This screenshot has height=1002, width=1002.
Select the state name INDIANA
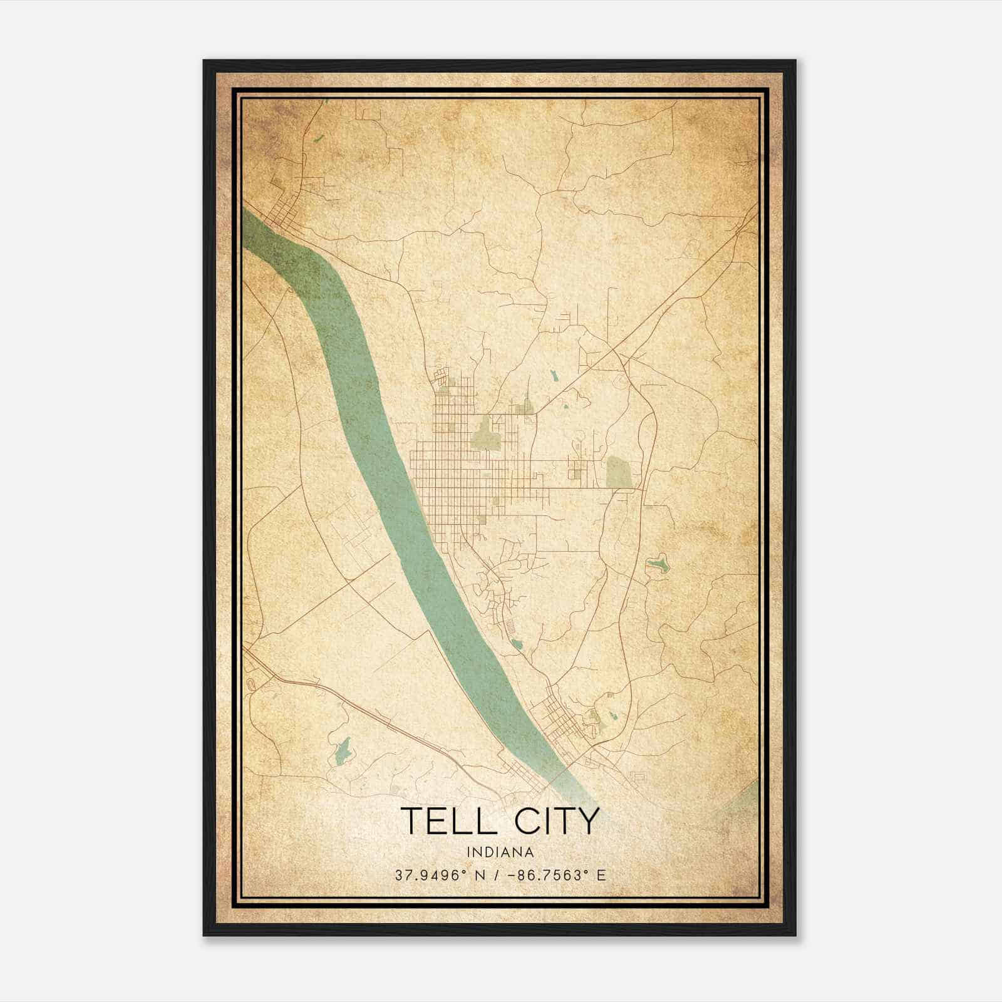500,852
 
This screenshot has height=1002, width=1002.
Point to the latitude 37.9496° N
438,875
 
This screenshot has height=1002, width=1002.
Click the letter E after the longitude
602,875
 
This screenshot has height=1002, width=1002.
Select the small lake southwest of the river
343,750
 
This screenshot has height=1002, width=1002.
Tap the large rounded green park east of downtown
619,472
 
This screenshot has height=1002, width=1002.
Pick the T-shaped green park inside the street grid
485,434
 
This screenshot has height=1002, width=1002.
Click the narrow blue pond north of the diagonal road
554,376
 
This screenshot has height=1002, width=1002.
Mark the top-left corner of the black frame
204,61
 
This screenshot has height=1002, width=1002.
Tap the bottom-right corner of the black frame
795,936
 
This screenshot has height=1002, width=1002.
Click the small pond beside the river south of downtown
517,643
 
